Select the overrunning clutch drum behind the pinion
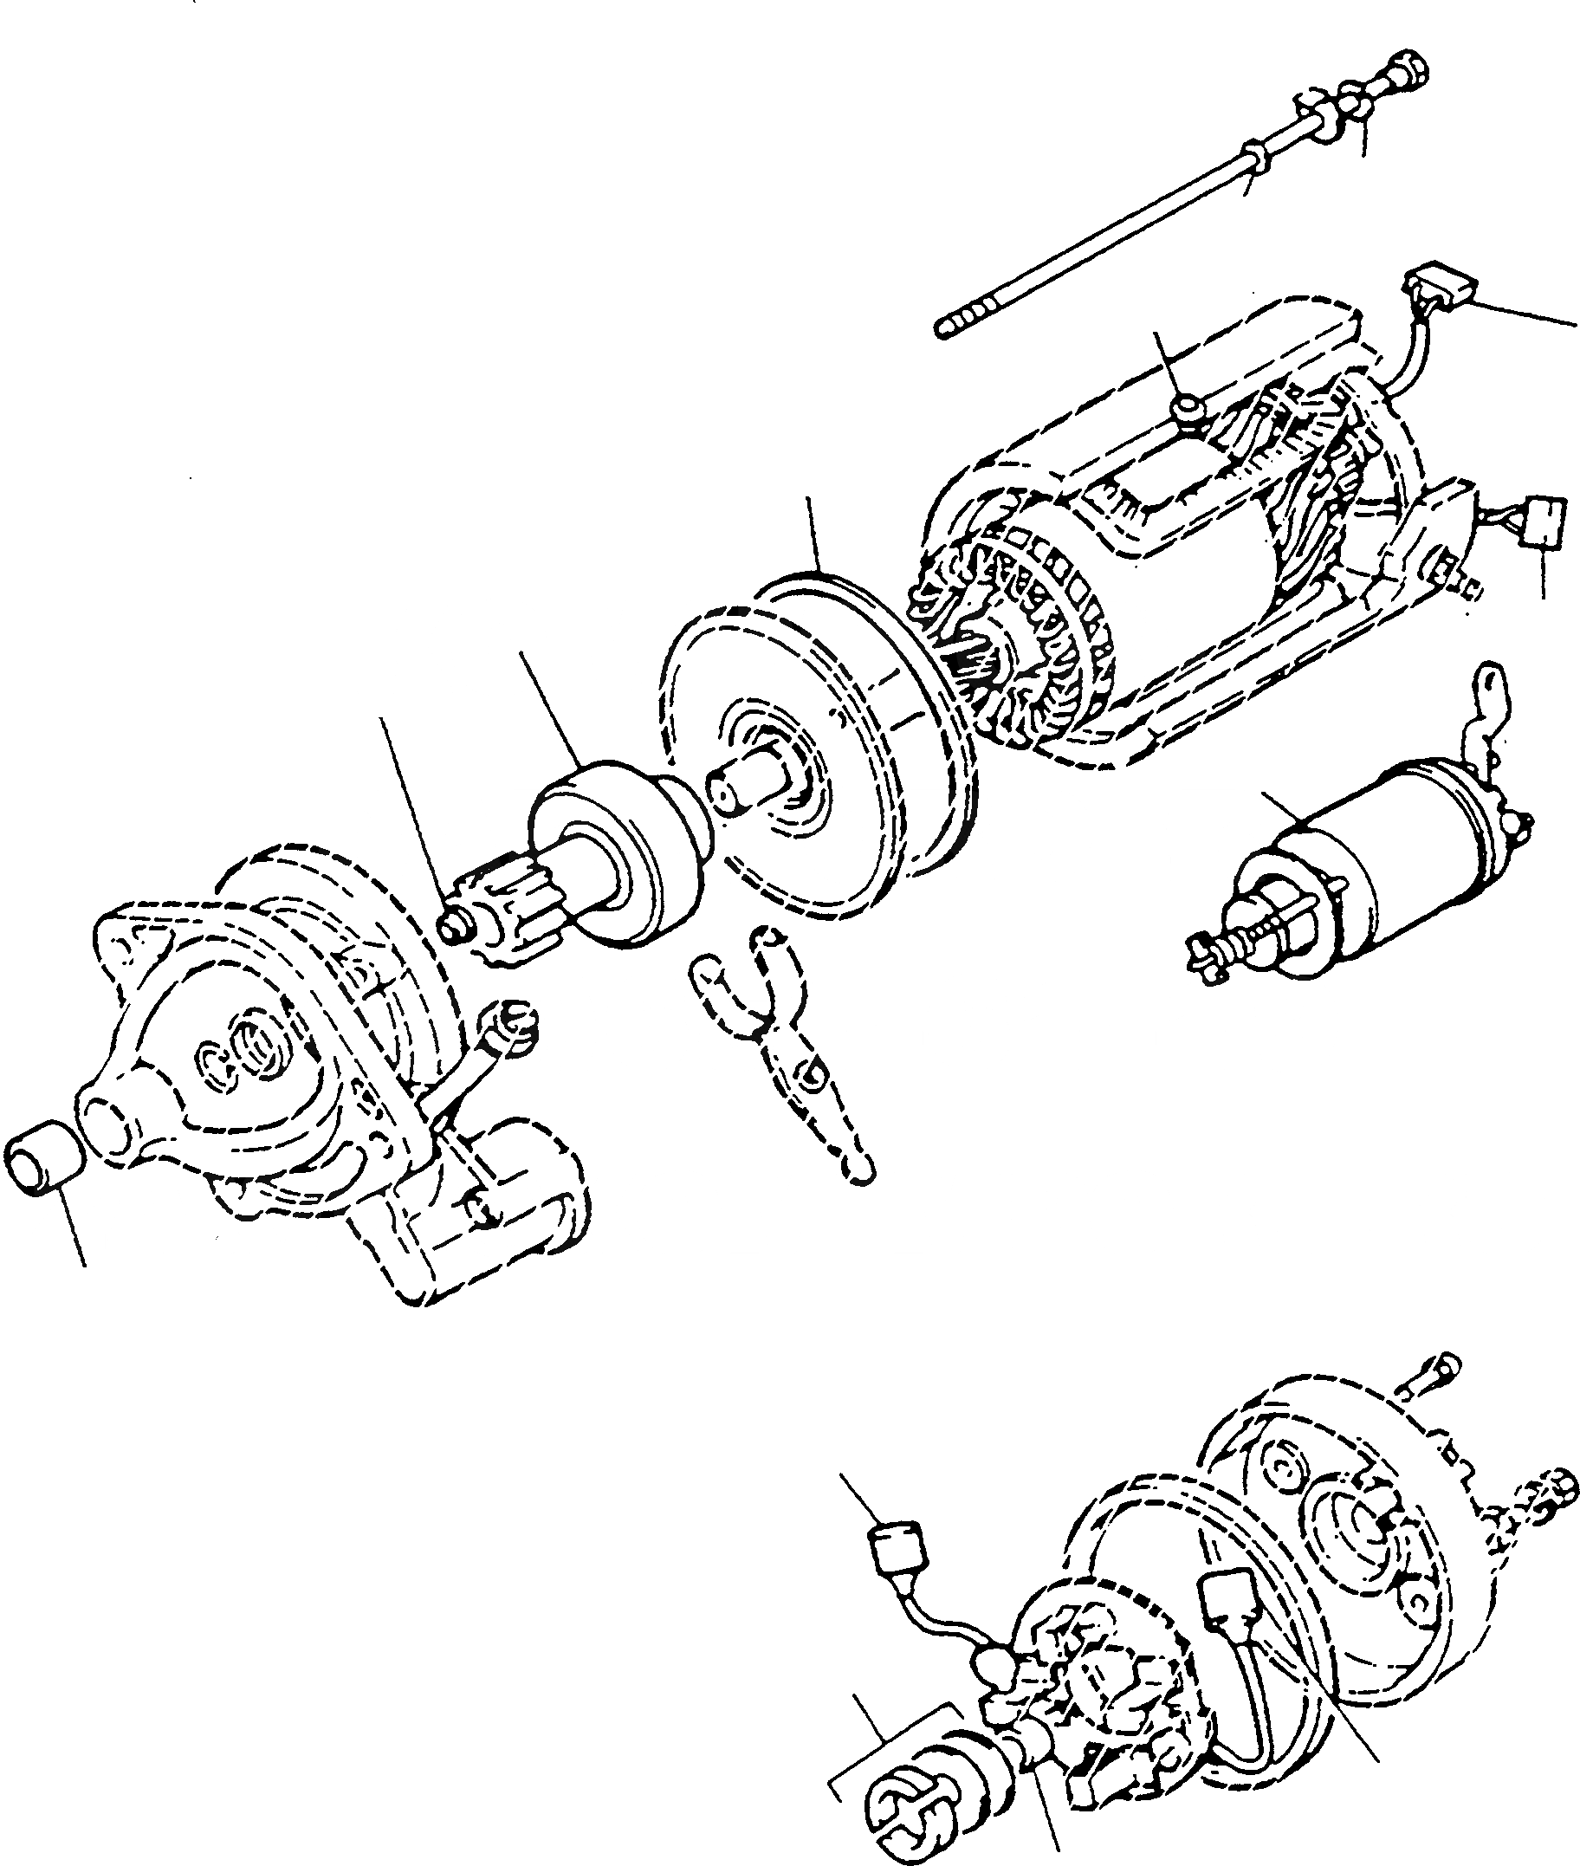point(618,846)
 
